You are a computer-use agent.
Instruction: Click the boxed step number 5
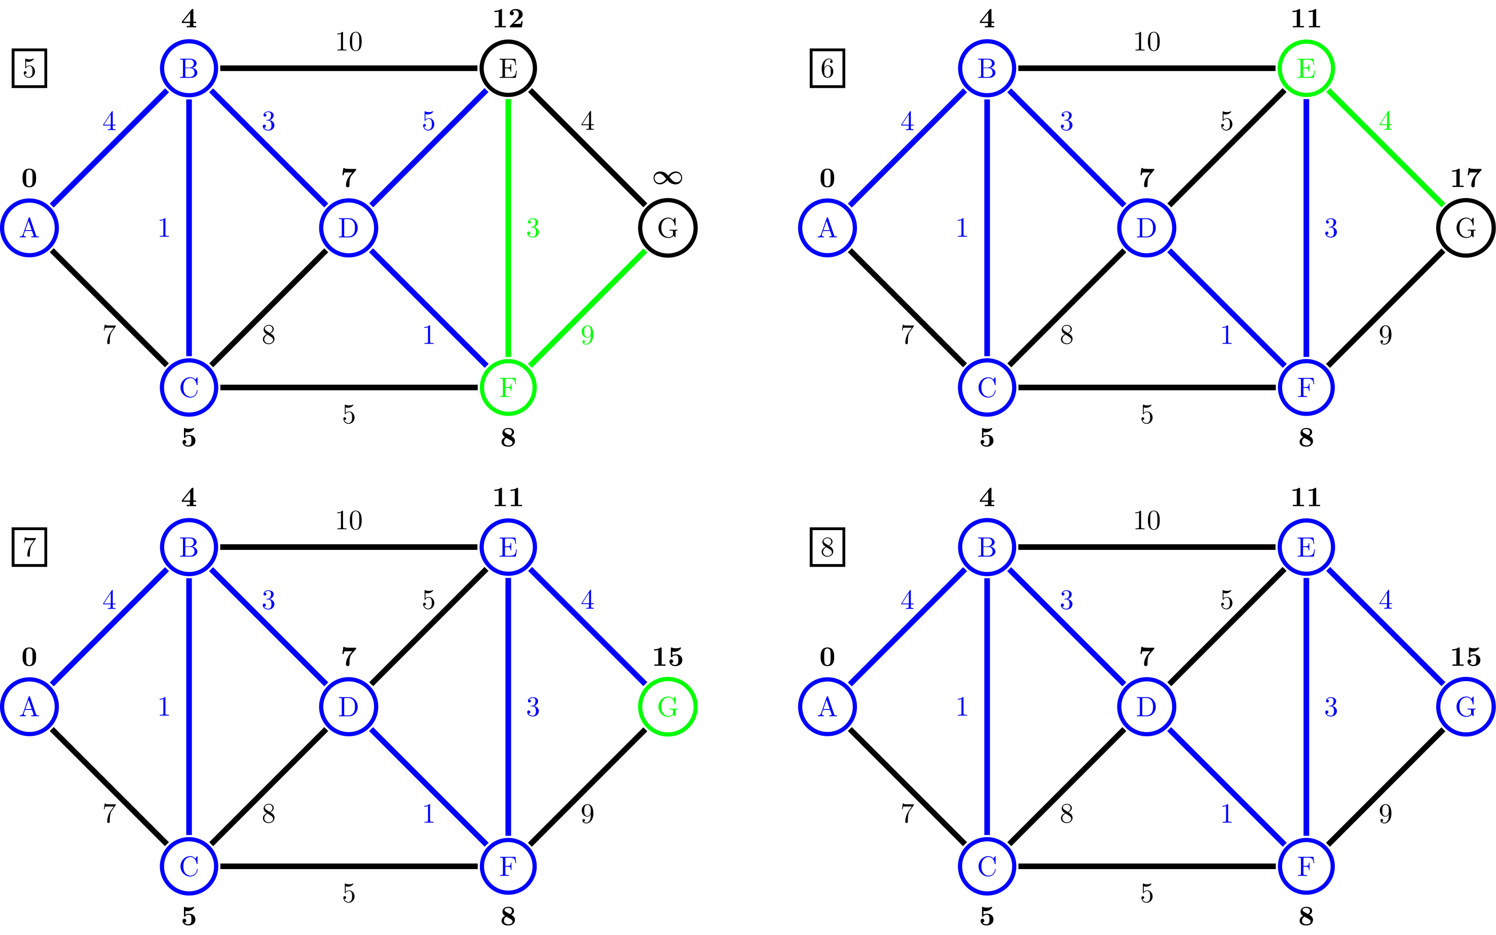coord(29,68)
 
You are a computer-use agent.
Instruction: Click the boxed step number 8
coord(827,547)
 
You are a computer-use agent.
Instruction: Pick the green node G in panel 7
coord(667,707)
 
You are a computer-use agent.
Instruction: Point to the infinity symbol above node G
coord(667,178)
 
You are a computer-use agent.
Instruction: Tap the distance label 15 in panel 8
coord(1466,657)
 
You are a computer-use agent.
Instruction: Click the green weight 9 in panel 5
coord(587,335)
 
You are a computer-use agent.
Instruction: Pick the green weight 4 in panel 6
coord(1386,121)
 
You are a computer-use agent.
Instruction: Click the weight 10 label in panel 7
coord(349,520)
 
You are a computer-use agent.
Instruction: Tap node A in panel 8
coord(827,707)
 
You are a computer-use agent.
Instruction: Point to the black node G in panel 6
coord(1466,228)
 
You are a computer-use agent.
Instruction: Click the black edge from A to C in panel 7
coord(109,787)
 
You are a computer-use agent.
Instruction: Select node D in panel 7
coord(349,707)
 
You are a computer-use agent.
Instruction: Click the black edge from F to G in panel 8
coord(1386,787)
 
